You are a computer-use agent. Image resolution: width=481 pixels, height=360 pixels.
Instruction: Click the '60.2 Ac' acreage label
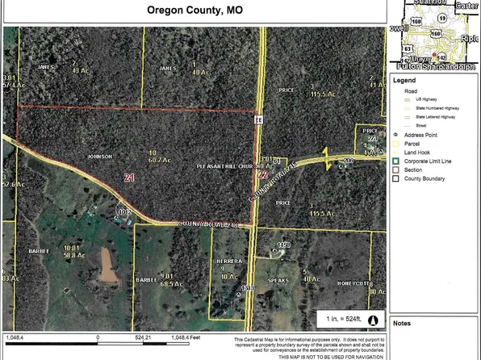tap(157, 160)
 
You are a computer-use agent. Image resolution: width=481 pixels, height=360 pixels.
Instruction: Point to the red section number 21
tap(129, 176)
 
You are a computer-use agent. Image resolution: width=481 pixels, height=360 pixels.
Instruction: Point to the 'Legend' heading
tap(404, 81)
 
